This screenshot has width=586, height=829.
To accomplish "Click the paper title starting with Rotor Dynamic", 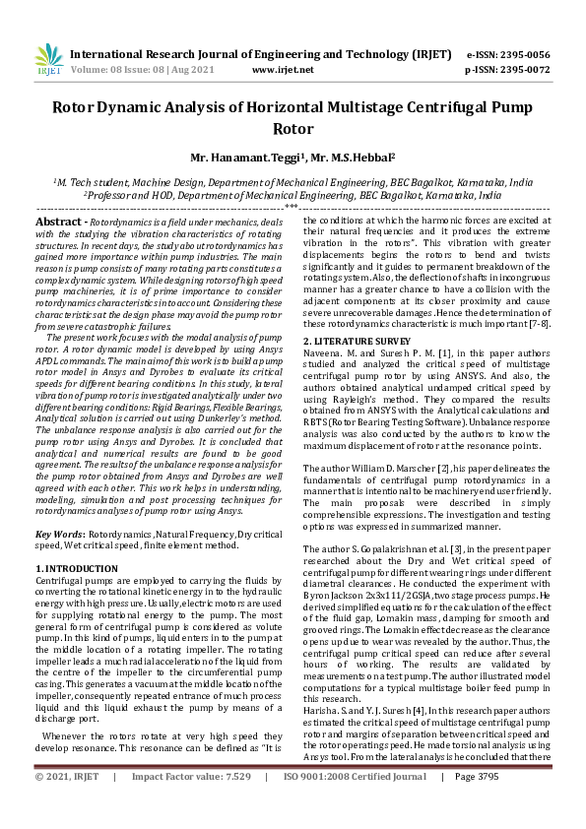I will point(293,117).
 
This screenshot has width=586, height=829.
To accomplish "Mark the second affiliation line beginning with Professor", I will point(292,195).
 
